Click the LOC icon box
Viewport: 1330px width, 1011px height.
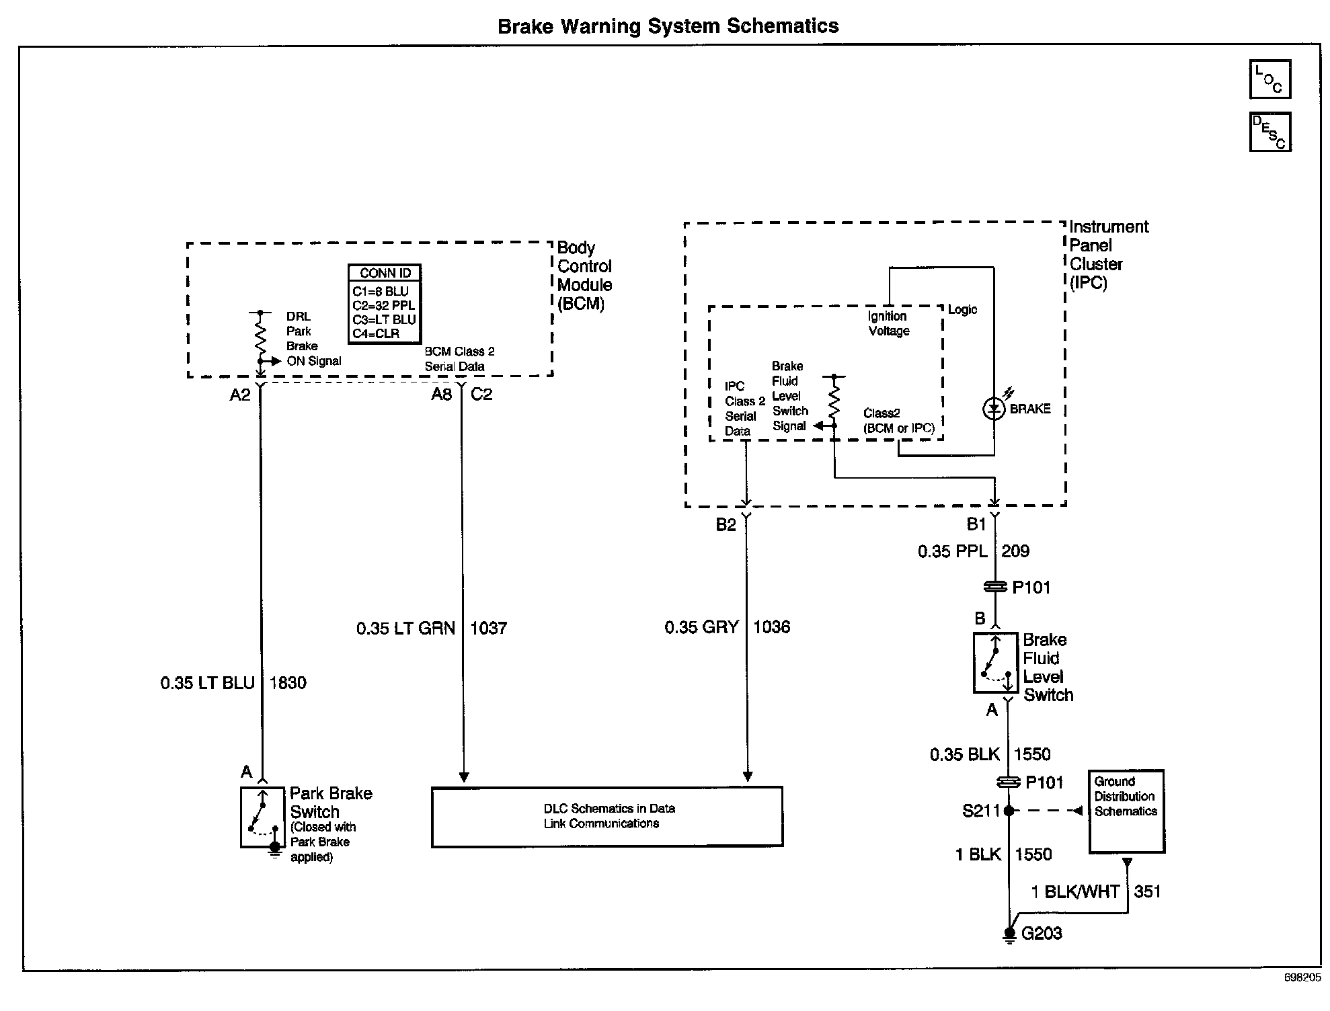tap(1269, 79)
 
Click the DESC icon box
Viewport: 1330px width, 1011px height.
tap(1269, 132)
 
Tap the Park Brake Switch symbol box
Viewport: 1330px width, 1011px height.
tap(263, 817)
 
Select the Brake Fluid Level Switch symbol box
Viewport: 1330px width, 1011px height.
tap(995, 663)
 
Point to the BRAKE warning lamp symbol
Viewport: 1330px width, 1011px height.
tap(994, 409)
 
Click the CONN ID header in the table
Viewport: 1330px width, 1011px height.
tap(385, 274)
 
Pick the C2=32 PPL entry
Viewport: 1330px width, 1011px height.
tap(383, 306)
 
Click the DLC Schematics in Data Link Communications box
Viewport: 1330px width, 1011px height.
tap(607, 816)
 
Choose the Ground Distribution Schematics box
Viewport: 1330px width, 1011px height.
tap(1126, 811)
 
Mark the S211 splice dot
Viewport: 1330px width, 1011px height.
tap(1009, 811)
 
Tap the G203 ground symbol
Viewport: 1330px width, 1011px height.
tap(1009, 934)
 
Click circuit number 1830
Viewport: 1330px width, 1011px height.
tap(288, 683)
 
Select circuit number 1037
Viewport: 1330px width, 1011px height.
tap(488, 629)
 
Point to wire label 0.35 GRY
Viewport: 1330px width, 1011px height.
tap(701, 627)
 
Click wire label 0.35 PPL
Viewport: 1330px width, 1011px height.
tap(952, 552)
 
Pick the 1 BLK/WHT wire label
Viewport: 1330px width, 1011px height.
tap(1074, 892)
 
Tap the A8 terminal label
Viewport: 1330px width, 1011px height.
tap(441, 395)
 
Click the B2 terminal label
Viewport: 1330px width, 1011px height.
tap(726, 525)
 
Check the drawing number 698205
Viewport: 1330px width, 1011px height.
tap(1302, 978)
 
